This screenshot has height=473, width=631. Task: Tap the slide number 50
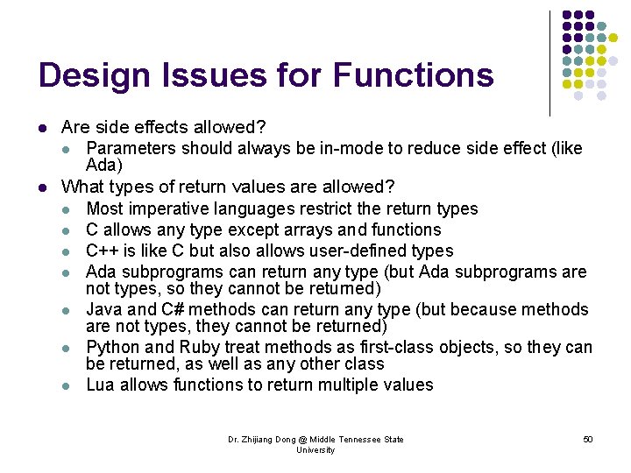tap(587, 439)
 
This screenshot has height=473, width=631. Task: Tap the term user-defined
tap(363, 251)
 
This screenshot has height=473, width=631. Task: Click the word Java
tap(103, 309)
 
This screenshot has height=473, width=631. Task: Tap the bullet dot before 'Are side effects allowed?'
tap(42, 128)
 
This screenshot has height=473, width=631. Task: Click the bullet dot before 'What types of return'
tap(42, 187)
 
